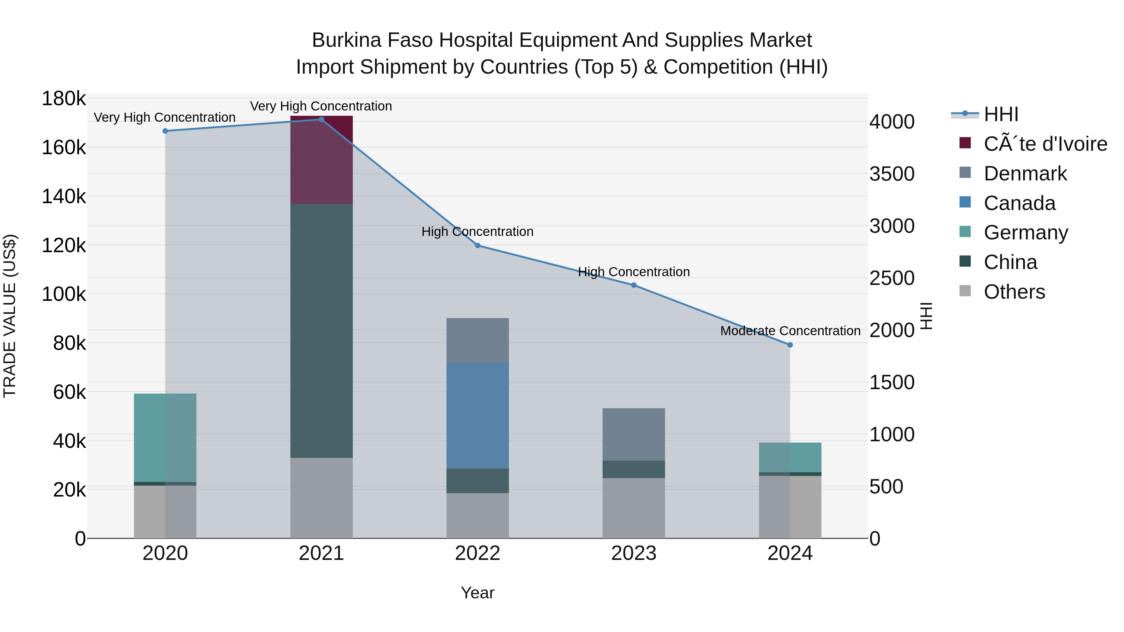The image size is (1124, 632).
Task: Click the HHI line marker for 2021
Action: point(321,120)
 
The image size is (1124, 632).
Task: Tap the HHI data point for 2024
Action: point(790,345)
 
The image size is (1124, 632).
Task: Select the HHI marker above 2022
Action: point(477,246)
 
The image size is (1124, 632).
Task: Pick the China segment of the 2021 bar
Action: point(321,331)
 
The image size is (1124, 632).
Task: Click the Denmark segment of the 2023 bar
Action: point(633,434)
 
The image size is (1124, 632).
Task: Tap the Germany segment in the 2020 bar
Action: point(165,438)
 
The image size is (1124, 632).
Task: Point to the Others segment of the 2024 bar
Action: point(790,507)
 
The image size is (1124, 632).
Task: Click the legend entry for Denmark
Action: point(1025,174)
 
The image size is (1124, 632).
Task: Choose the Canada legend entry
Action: point(1019,203)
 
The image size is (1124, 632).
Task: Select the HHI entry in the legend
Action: point(1001,114)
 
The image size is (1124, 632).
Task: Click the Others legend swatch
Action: point(965,291)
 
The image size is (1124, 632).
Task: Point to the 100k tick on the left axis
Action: point(64,294)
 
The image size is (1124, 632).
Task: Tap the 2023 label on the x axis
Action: point(633,553)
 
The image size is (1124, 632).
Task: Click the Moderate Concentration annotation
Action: point(790,331)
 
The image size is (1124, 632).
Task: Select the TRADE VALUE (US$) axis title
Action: point(10,316)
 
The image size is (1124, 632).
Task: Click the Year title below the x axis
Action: point(477,593)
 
